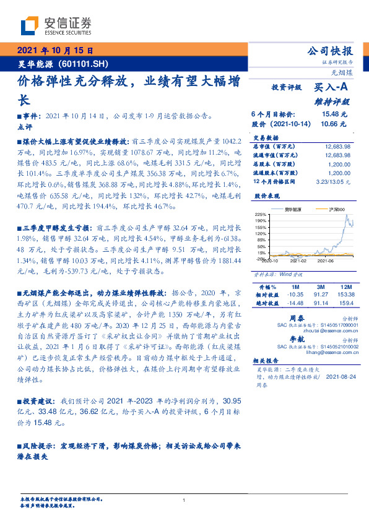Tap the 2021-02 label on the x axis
(x=293, y=261)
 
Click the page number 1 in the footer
(x=184, y=500)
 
